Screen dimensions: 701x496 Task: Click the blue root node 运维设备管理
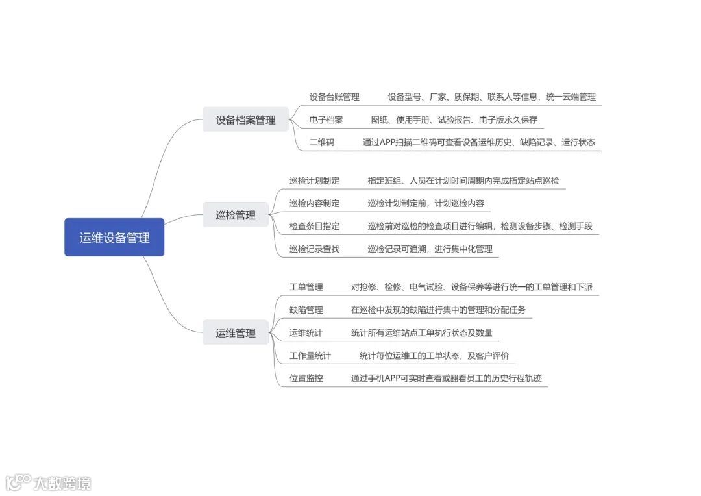click(x=114, y=238)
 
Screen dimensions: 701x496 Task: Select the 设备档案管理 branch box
click(x=245, y=120)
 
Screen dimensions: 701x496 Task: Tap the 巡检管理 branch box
click(x=236, y=215)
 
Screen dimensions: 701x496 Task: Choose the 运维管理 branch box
click(x=236, y=333)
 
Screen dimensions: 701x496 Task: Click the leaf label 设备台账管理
click(x=334, y=97)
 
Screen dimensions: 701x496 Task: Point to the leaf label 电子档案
click(x=326, y=120)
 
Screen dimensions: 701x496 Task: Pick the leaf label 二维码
click(x=322, y=142)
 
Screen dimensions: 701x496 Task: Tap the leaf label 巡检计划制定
click(x=314, y=180)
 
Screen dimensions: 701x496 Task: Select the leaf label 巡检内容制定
click(x=314, y=203)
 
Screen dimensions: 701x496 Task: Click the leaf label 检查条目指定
click(x=314, y=226)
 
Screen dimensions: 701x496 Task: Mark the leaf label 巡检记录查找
click(x=314, y=249)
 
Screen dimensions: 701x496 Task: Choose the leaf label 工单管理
click(x=306, y=287)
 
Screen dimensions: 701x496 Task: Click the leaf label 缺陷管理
click(x=306, y=310)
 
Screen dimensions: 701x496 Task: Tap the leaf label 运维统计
click(x=306, y=333)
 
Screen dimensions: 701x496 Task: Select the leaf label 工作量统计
click(x=310, y=356)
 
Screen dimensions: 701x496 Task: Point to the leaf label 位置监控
click(x=306, y=378)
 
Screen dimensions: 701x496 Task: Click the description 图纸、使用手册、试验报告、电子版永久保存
click(x=454, y=120)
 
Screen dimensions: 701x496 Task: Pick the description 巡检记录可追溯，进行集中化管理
click(x=430, y=249)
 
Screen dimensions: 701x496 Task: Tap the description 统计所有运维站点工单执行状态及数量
click(x=422, y=333)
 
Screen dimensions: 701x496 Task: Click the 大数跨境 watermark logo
click(x=49, y=482)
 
